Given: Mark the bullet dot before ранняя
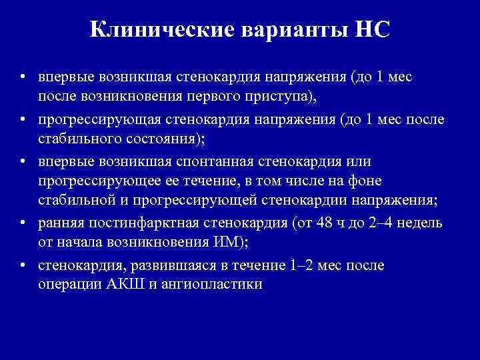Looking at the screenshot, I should click(23, 222).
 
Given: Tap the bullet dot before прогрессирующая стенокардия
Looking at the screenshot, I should click(23, 119).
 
